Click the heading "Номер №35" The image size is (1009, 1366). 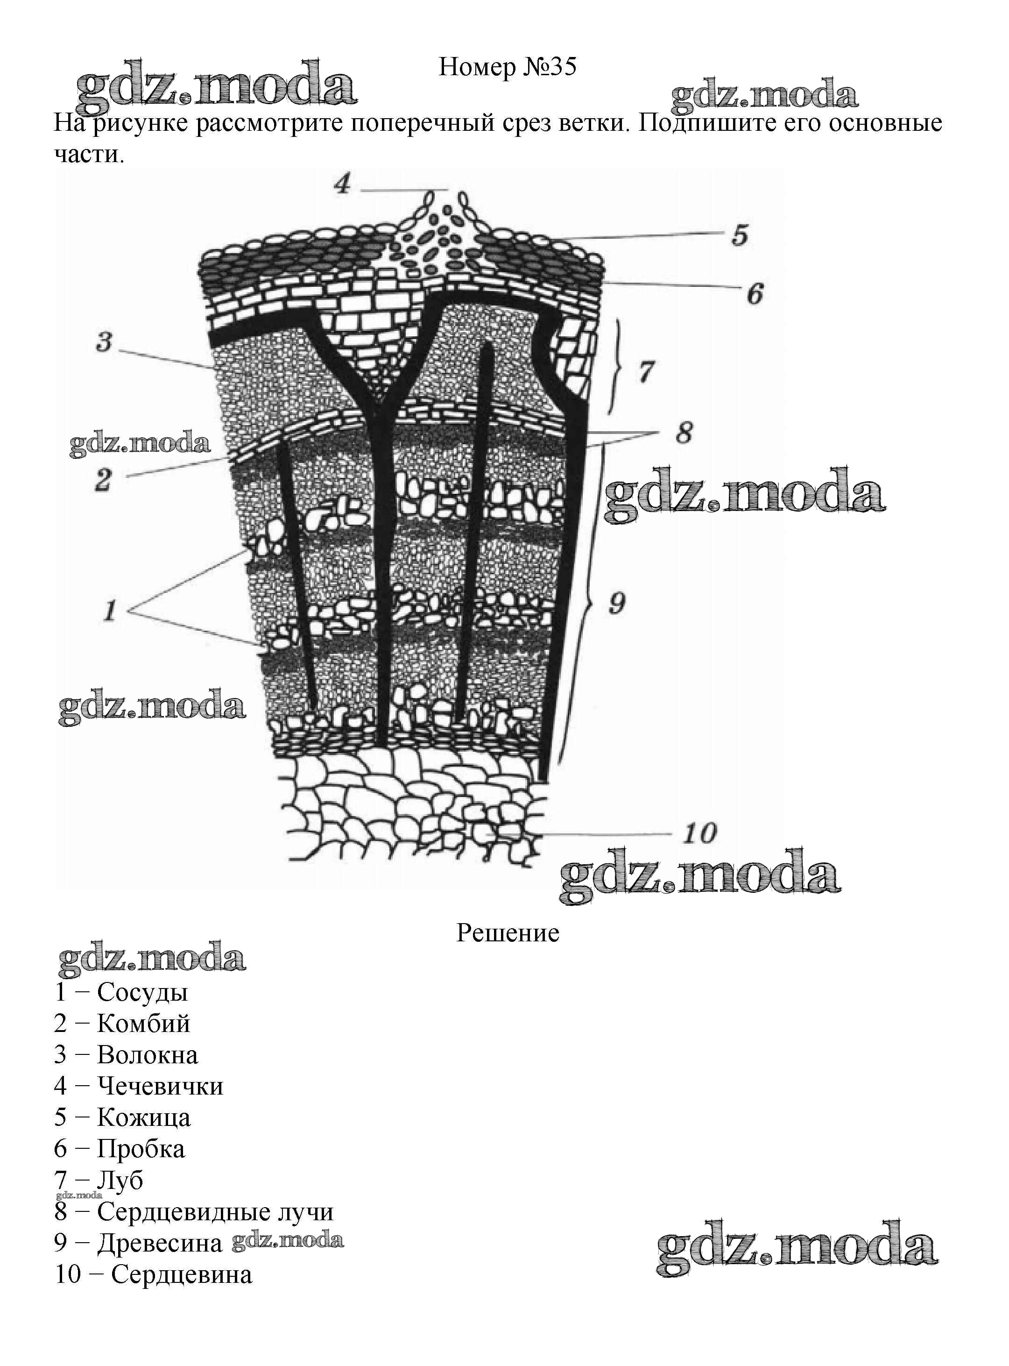507,67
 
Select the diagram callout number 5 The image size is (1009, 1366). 740,235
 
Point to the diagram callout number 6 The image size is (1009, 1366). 755,294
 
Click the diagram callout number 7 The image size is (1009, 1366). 646,371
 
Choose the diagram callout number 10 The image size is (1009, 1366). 699,832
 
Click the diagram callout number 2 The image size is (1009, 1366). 103,479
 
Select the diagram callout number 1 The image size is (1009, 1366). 110,610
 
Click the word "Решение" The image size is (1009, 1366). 508,932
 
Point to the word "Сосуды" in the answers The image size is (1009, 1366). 141,992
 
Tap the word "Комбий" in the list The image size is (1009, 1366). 143,1023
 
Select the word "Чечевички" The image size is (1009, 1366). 160,1086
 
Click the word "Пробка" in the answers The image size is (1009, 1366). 141,1148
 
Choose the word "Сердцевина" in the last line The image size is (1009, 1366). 182,1274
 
